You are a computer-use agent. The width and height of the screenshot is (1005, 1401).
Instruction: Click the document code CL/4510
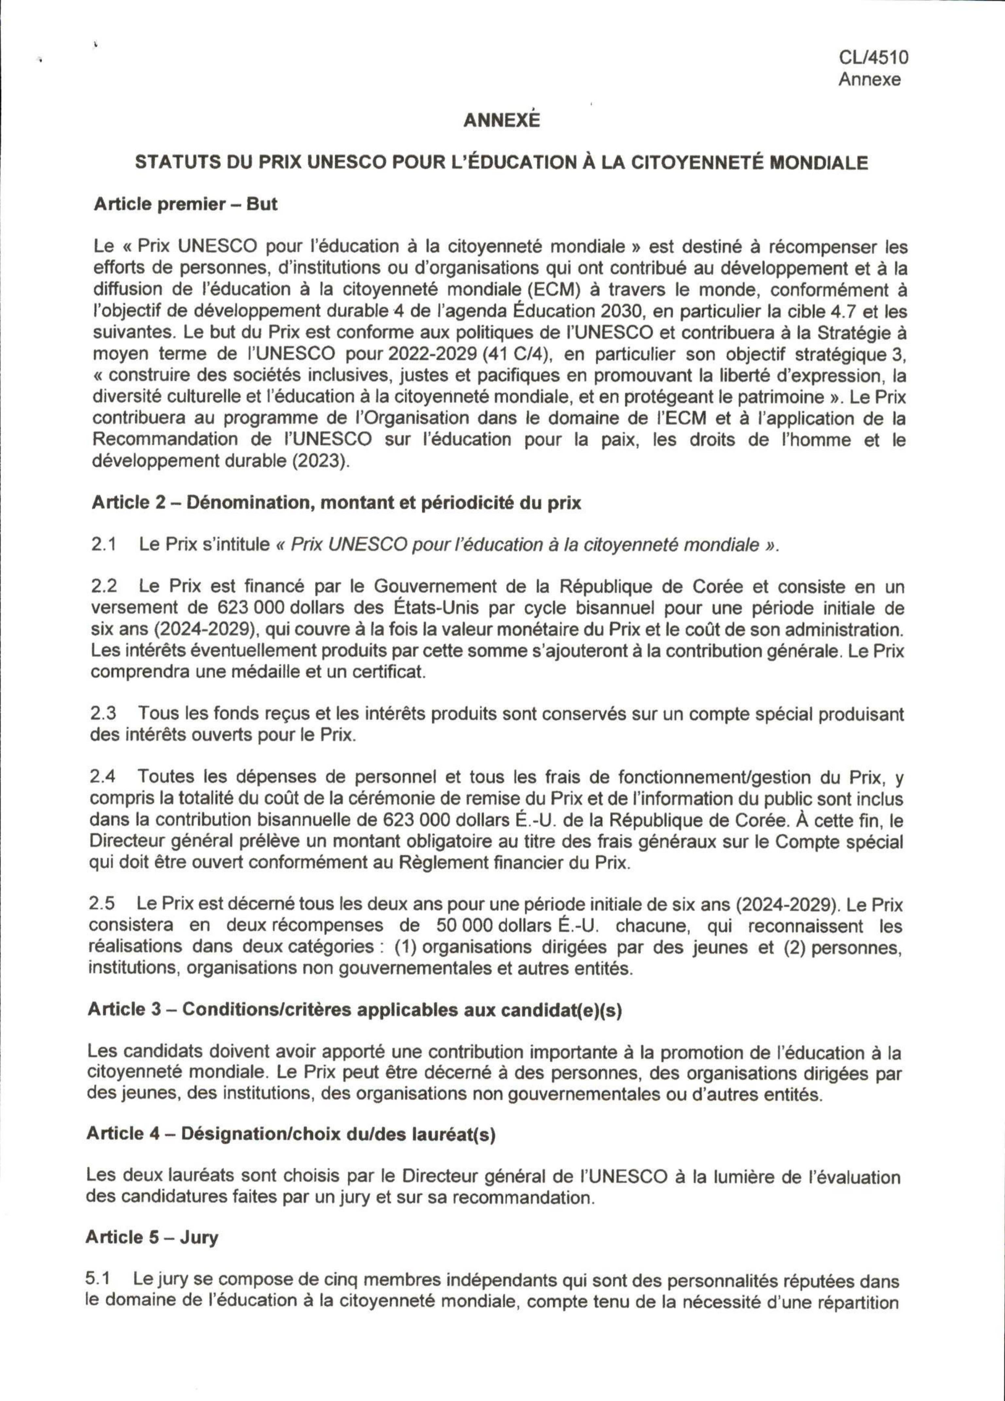(x=873, y=58)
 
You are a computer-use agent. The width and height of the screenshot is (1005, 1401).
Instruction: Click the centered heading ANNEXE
(x=502, y=120)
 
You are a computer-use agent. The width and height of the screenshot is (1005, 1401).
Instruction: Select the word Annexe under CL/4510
(x=869, y=80)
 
